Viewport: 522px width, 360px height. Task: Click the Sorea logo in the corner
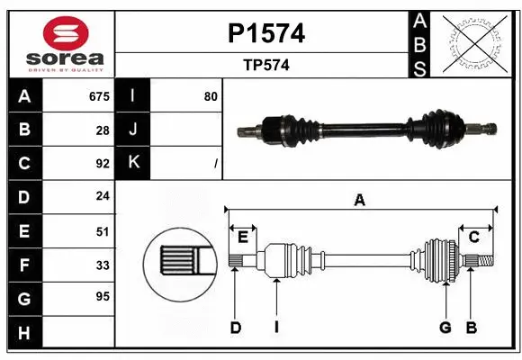[66, 44]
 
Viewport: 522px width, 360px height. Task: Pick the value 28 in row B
[103, 130]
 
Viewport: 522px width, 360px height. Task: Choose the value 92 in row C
[103, 164]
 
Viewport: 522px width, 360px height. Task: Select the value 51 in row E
[103, 231]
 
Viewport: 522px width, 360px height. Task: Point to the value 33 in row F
[103, 265]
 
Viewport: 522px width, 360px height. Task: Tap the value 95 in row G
[103, 296]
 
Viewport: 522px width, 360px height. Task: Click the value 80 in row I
[211, 96]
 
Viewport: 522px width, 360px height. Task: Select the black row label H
[23, 332]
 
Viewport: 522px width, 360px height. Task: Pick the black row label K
[133, 163]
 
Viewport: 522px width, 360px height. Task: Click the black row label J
[133, 130]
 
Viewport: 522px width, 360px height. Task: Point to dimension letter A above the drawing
[359, 201]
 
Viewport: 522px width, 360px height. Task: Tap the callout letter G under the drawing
[445, 328]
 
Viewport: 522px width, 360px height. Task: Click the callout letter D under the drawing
[236, 328]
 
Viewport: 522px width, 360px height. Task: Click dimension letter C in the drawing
[472, 237]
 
